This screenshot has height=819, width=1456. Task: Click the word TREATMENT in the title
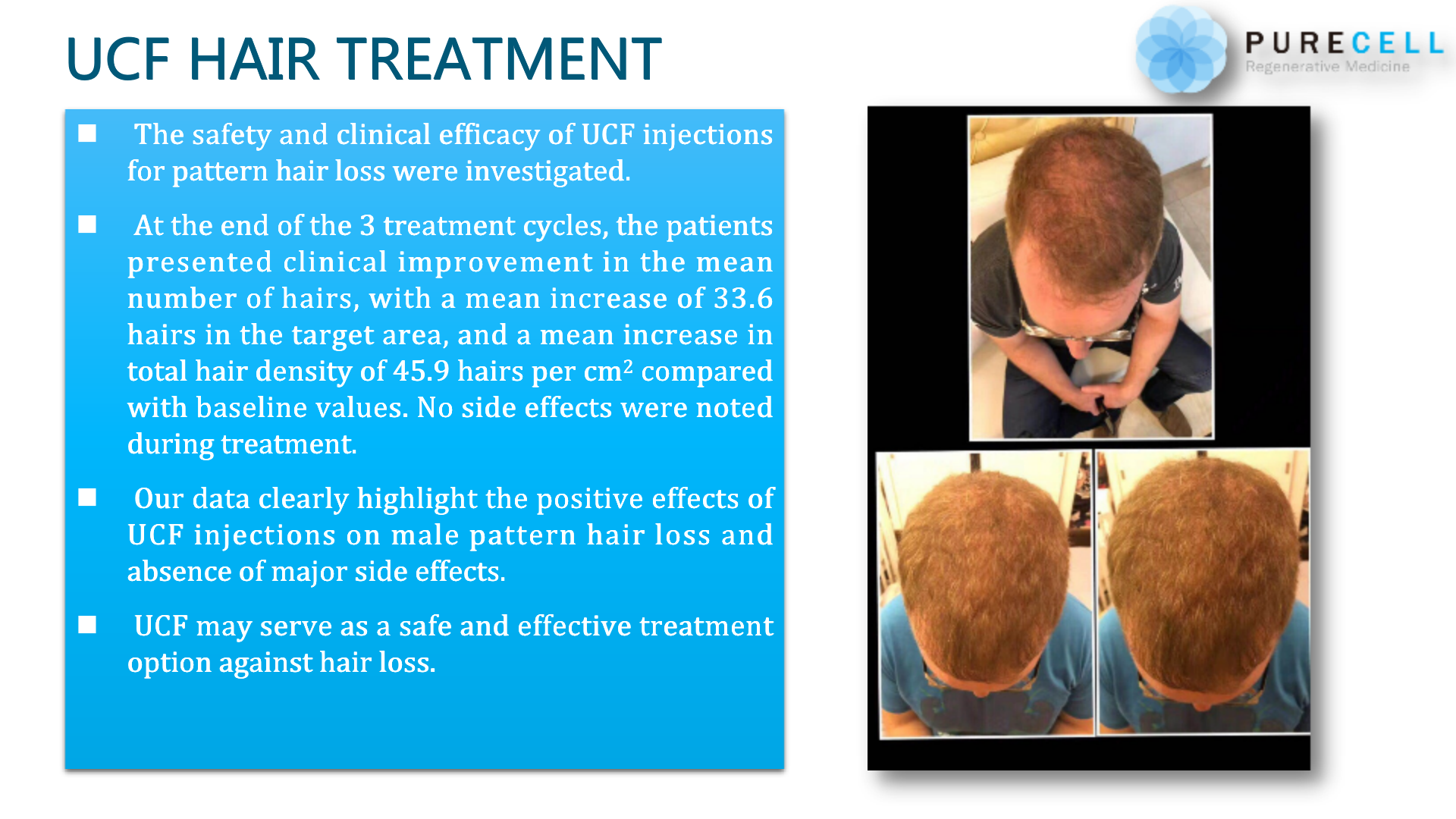(x=499, y=59)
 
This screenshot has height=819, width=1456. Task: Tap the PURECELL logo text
(x=1344, y=43)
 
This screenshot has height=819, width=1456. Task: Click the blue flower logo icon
(x=1180, y=49)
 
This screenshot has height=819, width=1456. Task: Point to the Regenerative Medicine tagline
(x=1327, y=67)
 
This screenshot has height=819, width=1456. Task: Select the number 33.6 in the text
(x=743, y=298)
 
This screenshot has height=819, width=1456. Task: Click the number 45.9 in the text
(x=421, y=371)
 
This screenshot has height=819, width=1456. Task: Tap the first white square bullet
(x=87, y=133)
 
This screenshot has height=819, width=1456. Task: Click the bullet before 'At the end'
(x=87, y=224)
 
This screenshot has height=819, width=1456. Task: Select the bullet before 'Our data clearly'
(x=87, y=497)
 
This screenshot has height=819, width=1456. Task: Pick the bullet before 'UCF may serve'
(x=87, y=625)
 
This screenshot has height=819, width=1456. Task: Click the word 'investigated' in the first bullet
(x=548, y=171)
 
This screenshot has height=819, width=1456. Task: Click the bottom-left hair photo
(x=984, y=594)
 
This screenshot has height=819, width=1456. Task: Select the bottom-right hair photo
(x=1203, y=592)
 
